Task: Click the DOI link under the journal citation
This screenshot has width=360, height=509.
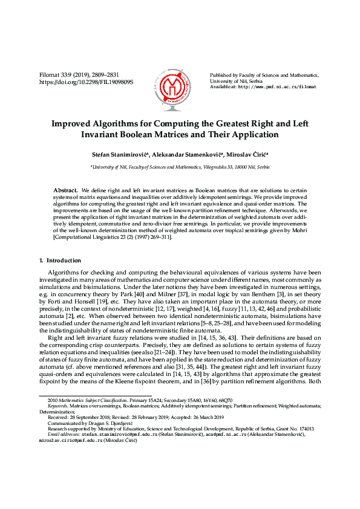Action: tap(86, 82)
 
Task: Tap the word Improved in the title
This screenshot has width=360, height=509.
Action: tap(73, 123)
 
